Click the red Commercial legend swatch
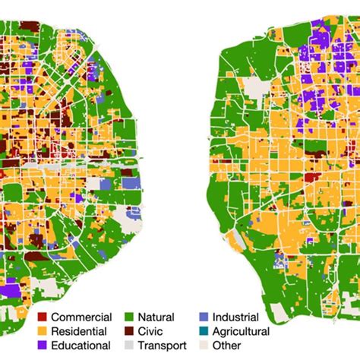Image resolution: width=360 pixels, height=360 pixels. pos(42,317)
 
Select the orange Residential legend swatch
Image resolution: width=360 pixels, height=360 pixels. pos(42,331)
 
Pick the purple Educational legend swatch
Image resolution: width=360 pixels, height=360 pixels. pos(42,346)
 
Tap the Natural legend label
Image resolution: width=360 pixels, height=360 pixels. pos(156,317)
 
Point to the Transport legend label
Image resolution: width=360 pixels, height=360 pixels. pos(162,346)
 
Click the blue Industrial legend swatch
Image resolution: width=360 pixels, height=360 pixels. pos(203,317)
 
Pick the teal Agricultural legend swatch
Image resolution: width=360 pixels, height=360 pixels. pos(203,331)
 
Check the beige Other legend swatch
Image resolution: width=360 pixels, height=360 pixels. pos(203,346)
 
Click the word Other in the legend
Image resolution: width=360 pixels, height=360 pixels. pos(229,346)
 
